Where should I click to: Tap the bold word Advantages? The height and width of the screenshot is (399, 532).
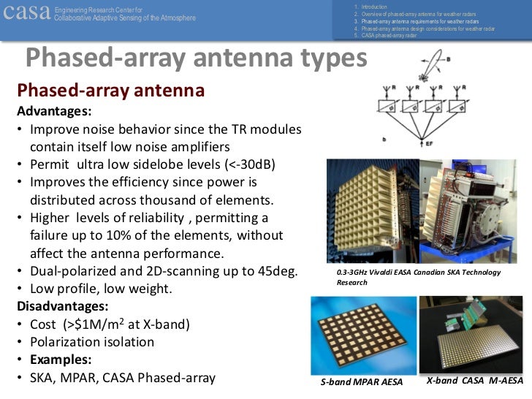pyautogui.click(x=54, y=112)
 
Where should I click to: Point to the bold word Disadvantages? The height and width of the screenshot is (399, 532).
pyautogui.click(x=62, y=306)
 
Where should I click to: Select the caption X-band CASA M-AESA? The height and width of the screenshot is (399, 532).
pyautogui.click(x=474, y=381)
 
